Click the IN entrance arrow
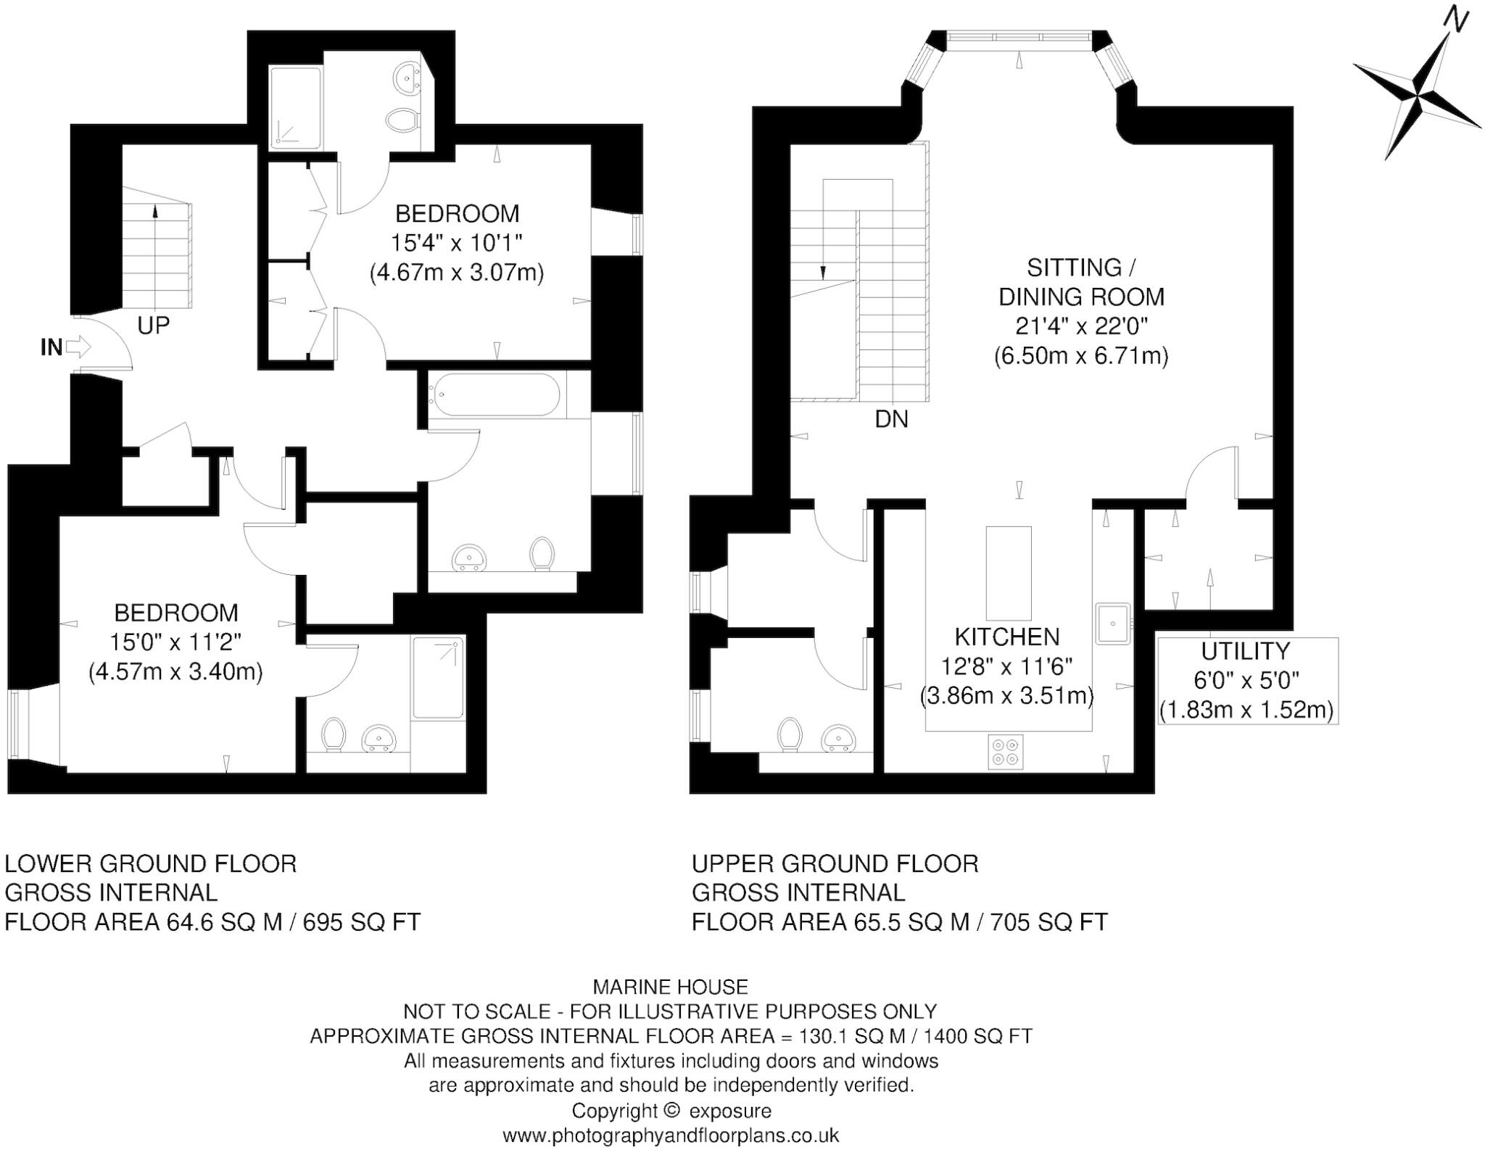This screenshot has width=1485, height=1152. coord(78,347)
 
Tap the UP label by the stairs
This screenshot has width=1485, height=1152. coord(153,326)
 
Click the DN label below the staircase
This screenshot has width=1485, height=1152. coord(891,419)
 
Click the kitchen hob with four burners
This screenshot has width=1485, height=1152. coord(1006,752)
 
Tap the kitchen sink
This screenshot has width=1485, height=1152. coord(1112,623)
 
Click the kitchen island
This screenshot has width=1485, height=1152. coord(1008,572)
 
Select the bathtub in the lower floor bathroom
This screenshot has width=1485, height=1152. coord(494,394)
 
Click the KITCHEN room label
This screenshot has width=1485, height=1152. coord(1006,637)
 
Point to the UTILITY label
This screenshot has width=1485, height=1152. coord(1245,651)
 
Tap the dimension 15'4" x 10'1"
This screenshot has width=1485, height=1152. coord(457,242)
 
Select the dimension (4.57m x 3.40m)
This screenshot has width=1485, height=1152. coord(175,671)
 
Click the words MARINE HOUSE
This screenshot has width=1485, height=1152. coord(670,987)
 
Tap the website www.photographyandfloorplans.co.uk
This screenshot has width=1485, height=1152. coord(670,1135)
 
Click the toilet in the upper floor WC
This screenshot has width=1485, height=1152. coord(790,734)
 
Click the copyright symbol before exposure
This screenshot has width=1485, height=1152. coord(672,1110)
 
